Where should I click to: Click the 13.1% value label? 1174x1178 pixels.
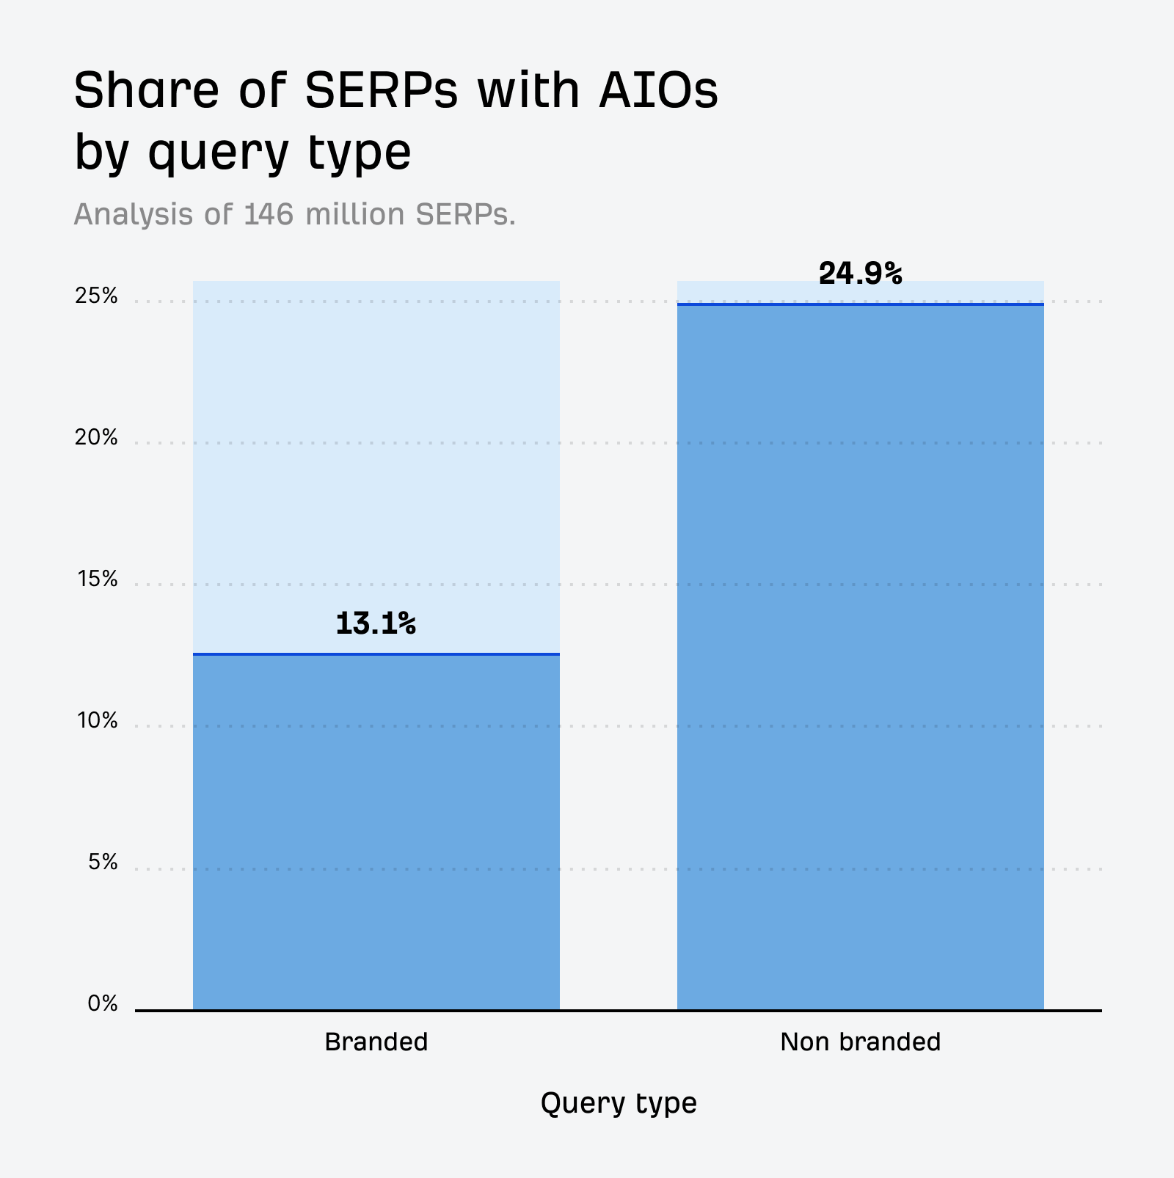pos(376,624)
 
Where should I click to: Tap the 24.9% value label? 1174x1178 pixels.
pos(860,274)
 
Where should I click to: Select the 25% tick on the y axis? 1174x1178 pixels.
pos(96,296)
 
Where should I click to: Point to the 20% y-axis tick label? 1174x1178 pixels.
pos(96,438)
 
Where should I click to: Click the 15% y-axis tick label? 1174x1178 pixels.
pos(97,579)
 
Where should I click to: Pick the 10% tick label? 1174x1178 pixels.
pos(97,721)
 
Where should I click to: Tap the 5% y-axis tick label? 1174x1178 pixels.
pos(103,862)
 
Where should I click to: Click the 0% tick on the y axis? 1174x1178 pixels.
pos(103,1003)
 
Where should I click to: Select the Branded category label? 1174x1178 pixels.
pos(376,1042)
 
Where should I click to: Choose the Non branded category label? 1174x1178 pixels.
pos(860,1042)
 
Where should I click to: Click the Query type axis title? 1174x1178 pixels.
pos(619,1103)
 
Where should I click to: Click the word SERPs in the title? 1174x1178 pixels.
pos(381,92)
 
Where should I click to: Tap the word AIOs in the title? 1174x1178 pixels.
pos(659,92)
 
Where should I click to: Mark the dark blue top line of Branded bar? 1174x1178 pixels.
pos(376,654)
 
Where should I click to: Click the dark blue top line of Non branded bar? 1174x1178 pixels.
pos(860,304)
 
